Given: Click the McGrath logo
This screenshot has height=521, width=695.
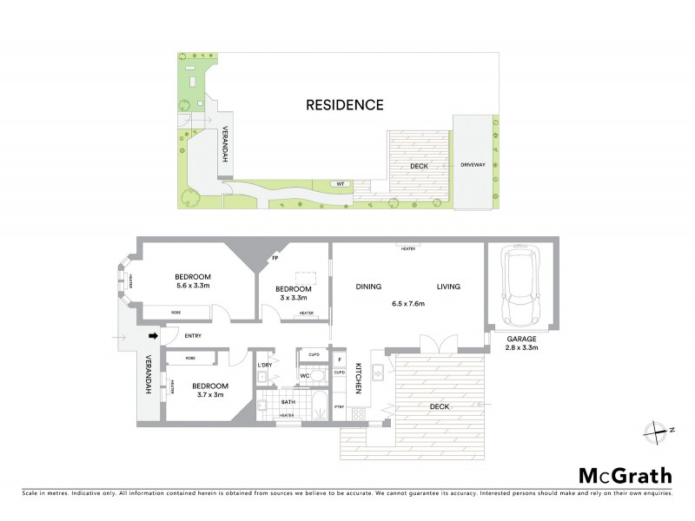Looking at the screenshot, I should pyautogui.click(x=625, y=475).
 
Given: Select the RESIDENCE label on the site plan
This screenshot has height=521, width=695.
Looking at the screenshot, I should pyautogui.click(x=344, y=105).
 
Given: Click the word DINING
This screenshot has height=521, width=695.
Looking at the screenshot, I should pyautogui.click(x=370, y=287).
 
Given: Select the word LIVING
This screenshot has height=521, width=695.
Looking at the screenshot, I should pyautogui.click(x=448, y=287).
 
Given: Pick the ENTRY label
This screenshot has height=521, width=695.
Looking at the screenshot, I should pyautogui.click(x=193, y=335).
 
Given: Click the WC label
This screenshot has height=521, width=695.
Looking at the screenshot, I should pyautogui.click(x=305, y=376).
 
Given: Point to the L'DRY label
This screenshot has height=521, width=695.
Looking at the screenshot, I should pyautogui.click(x=264, y=366).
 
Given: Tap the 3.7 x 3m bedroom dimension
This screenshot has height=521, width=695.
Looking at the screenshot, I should pyautogui.click(x=209, y=396).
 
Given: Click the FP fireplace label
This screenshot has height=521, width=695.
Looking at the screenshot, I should pyautogui.click(x=275, y=258).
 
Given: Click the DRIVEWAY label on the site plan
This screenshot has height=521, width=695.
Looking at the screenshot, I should pyautogui.click(x=473, y=164).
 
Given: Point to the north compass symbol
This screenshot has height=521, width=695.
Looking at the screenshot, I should pyautogui.click(x=653, y=428).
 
